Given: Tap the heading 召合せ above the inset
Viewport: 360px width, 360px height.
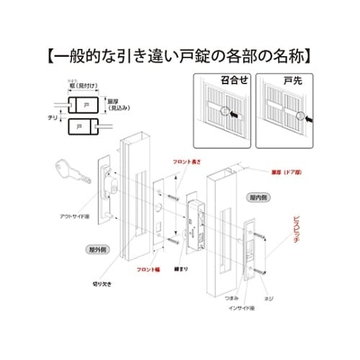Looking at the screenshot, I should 222,80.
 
